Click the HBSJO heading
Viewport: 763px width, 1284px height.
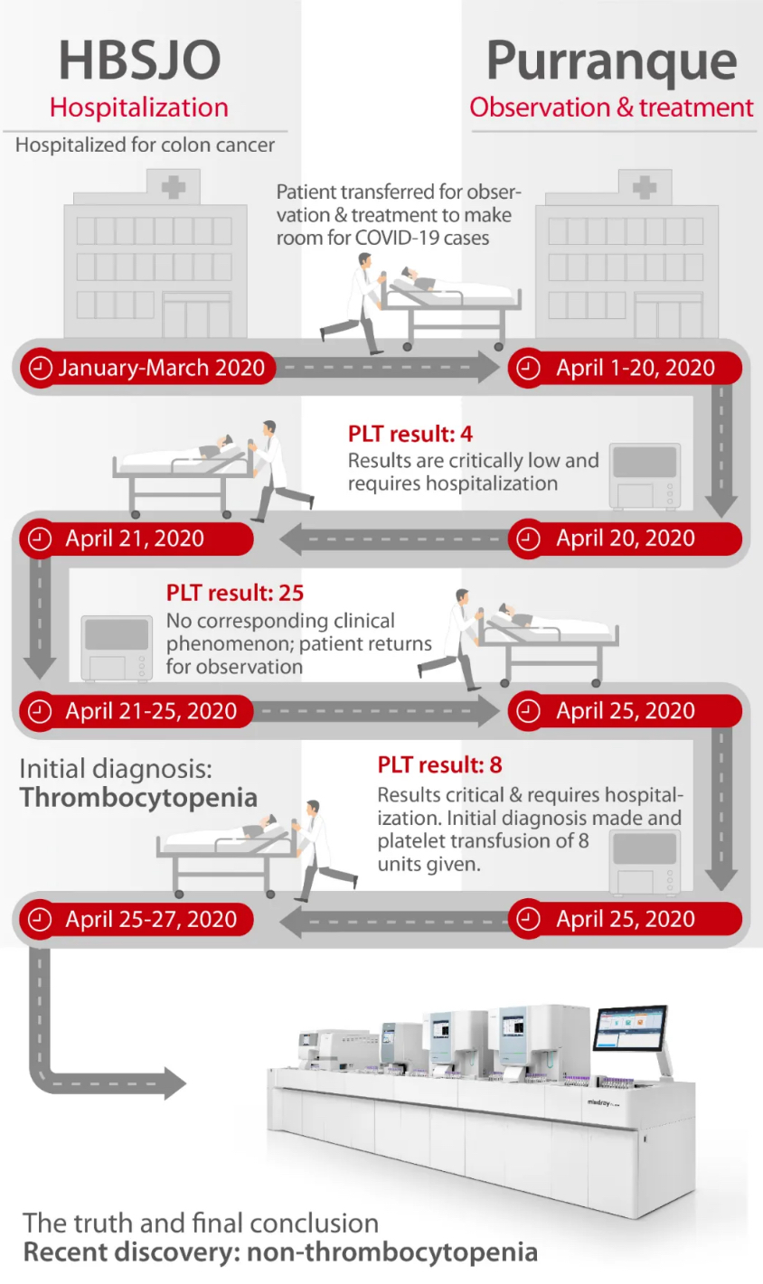tap(140, 61)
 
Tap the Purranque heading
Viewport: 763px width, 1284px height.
tap(611, 62)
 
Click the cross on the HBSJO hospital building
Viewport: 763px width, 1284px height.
tap(174, 187)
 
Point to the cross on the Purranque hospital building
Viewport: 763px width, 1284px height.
tap(645, 187)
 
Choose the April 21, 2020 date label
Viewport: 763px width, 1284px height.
tap(135, 539)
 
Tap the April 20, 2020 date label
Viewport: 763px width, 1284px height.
tap(626, 539)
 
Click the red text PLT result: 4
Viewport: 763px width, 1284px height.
tap(410, 434)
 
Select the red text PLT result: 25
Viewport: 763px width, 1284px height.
tap(235, 593)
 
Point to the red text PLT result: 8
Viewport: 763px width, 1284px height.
tap(440, 764)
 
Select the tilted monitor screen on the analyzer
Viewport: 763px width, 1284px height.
tap(630, 1030)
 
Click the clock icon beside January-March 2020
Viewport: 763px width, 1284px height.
tap(40, 368)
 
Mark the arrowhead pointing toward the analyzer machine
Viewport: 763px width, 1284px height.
tap(174, 1083)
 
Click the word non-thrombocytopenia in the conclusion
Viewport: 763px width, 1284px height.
tap(392, 1251)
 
